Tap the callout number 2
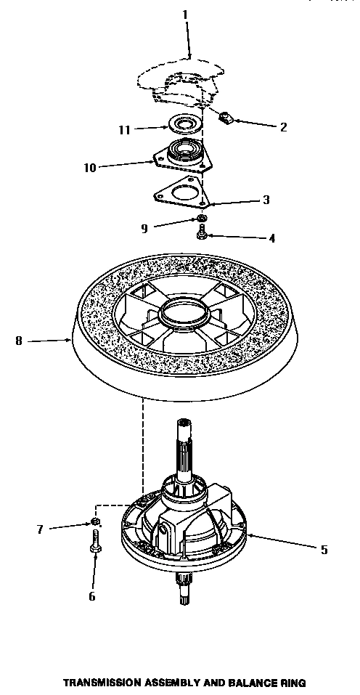click(x=283, y=127)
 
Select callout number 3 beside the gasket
click(x=266, y=200)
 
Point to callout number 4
click(x=272, y=237)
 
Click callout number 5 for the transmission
click(x=323, y=550)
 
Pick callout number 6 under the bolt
click(x=91, y=596)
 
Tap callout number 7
click(x=40, y=529)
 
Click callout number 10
click(x=89, y=167)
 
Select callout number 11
click(x=124, y=130)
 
